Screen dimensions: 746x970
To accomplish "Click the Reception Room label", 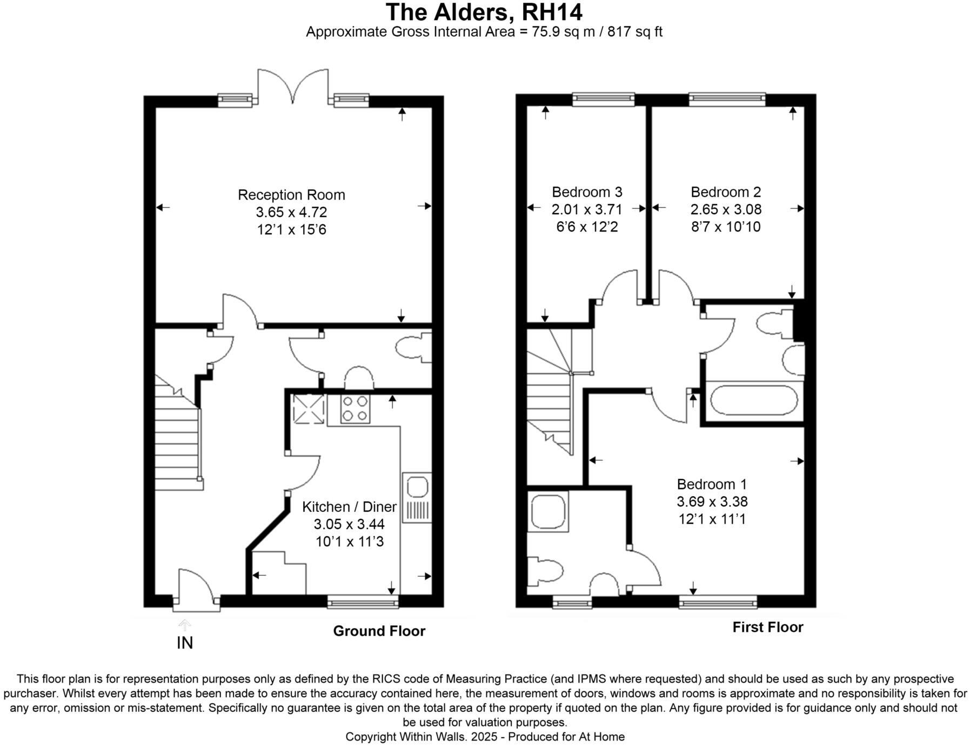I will click(x=291, y=195).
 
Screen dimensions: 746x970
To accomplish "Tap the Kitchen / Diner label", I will click(x=349, y=507).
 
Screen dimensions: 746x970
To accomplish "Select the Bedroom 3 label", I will click(x=587, y=192).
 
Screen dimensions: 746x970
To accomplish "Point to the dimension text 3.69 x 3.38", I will click(x=712, y=501).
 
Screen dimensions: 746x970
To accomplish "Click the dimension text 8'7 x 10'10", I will click(x=726, y=227).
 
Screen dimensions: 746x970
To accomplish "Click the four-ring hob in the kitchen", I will click(x=355, y=409).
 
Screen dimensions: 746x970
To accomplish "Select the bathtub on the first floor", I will click(x=753, y=400).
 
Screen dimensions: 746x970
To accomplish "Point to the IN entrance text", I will click(x=185, y=643).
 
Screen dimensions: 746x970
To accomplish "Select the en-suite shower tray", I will click(x=548, y=511).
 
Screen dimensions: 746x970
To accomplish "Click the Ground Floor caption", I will click(x=379, y=631).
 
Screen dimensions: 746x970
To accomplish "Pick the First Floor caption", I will click(x=767, y=627).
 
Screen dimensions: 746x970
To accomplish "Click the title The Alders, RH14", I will click(x=484, y=12).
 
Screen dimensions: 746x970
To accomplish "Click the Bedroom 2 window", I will click(x=727, y=98).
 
